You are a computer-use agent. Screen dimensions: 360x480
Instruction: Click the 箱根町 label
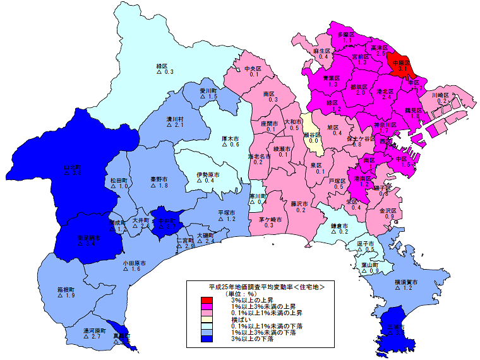66,289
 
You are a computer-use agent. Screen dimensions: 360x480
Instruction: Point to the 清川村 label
174,119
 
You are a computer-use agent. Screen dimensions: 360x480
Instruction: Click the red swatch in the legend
206,299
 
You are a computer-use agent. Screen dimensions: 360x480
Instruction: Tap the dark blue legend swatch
206,339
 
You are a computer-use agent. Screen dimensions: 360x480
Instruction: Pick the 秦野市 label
159,179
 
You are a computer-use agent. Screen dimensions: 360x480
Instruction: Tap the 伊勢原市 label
207,174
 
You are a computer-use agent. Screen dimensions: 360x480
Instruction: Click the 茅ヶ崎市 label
270,219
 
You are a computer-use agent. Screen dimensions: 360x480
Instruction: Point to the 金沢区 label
388,210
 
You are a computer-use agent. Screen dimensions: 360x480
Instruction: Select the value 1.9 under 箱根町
69,296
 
